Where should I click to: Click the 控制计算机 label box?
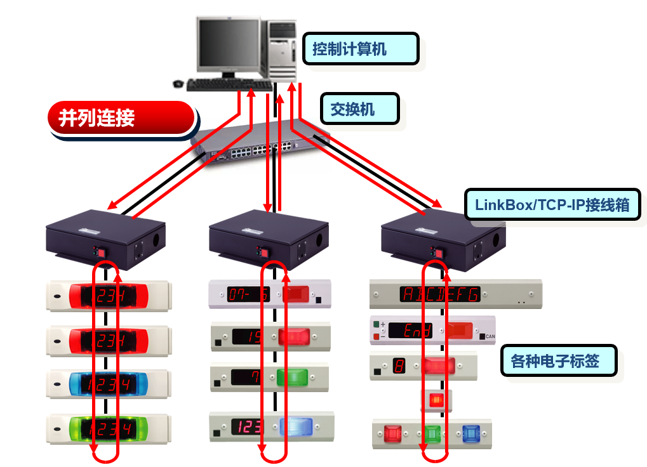tap(360, 49)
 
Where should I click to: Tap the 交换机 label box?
tap(359, 109)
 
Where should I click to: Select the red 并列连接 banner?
tap(121, 118)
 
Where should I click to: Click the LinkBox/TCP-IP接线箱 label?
tap(552, 205)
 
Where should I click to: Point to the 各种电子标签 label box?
tap(558, 361)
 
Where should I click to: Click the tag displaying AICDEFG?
tap(439, 294)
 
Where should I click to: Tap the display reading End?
tap(411, 331)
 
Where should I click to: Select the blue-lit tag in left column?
tap(108, 384)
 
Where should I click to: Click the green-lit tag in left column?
tap(108, 429)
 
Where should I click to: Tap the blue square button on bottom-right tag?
tap(470, 435)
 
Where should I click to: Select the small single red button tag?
tap(436, 400)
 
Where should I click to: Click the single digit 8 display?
tap(399, 366)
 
